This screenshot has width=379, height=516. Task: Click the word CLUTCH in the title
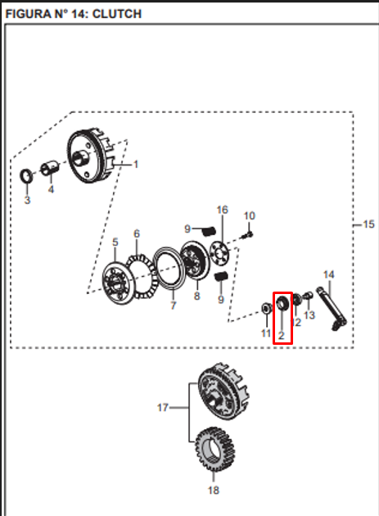pos(117,14)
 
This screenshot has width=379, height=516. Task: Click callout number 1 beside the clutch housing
pos(136,164)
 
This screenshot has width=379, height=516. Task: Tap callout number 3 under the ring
pos(27,200)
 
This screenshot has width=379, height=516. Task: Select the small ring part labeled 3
pos(26,176)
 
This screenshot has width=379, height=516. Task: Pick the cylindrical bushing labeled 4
pos(51,168)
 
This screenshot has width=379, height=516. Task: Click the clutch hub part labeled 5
pos(118,283)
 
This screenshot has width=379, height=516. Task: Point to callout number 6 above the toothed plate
pos(137,233)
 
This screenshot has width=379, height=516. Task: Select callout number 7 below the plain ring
pos(174,306)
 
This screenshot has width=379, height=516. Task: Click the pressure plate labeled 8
pos(195,261)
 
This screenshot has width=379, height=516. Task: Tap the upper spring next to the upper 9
pos(209,231)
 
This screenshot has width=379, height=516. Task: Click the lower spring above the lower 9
pos(221,277)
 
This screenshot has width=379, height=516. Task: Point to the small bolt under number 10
pos(247,234)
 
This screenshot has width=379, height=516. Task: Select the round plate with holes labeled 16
pos(220,252)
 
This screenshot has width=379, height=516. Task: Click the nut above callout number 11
pos(267,308)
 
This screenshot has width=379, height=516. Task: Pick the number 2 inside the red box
pos(281,336)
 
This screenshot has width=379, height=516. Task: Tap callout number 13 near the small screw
pos(309,315)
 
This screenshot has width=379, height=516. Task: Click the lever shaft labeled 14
pos(332,309)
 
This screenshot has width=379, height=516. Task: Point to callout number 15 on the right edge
pos(369,224)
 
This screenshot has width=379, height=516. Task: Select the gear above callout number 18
pos(214,450)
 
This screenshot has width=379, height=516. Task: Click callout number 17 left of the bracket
pos(163,408)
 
